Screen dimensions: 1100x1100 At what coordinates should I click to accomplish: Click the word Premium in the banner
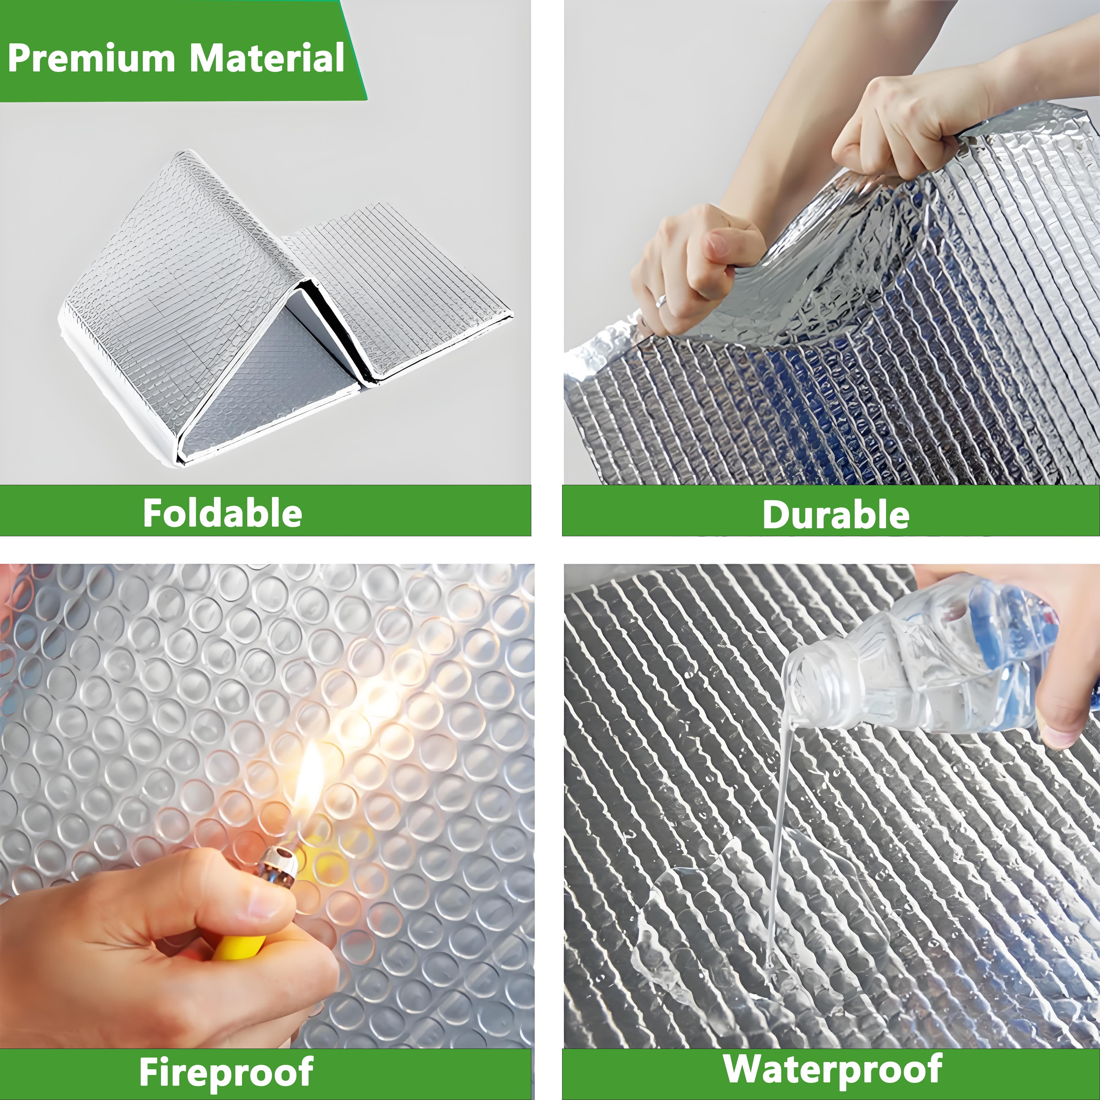click(91, 59)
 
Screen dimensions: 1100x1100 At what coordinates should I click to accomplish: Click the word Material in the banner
click(266, 59)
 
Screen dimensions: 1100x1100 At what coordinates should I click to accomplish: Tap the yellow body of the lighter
click(239, 948)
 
